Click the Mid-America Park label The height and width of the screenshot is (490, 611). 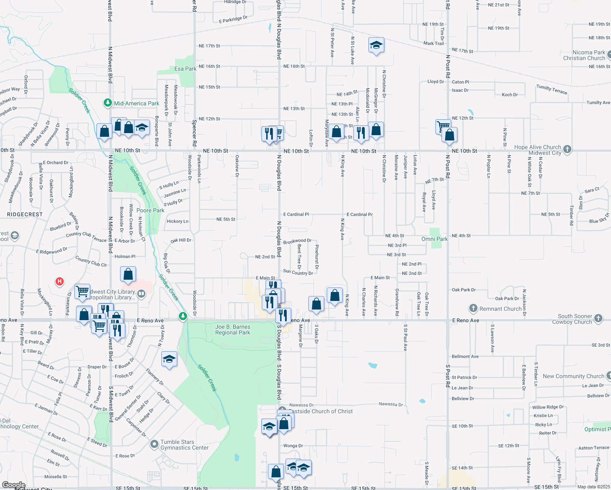point(136,103)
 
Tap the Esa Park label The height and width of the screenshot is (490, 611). point(185,69)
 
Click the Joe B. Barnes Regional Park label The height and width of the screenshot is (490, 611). point(233,330)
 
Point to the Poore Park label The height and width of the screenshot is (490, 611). point(150,210)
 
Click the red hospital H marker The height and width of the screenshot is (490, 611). point(60,281)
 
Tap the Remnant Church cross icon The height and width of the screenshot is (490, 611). point(473,308)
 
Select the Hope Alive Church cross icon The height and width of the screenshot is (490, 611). point(567,150)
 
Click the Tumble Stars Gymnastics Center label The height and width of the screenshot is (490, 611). point(184,445)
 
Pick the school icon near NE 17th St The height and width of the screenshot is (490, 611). point(376,45)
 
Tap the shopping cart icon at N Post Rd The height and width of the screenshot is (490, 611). point(443,126)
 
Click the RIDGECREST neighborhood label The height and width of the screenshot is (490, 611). point(25,214)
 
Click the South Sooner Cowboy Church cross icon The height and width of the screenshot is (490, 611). point(598,318)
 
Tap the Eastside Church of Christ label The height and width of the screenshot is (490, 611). point(321,411)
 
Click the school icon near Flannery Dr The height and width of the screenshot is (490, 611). point(169,359)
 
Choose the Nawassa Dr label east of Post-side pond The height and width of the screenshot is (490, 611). point(390,404)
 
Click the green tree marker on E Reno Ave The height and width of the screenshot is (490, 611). point(183,316)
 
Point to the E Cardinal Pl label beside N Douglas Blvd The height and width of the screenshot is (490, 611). point(296,214)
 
